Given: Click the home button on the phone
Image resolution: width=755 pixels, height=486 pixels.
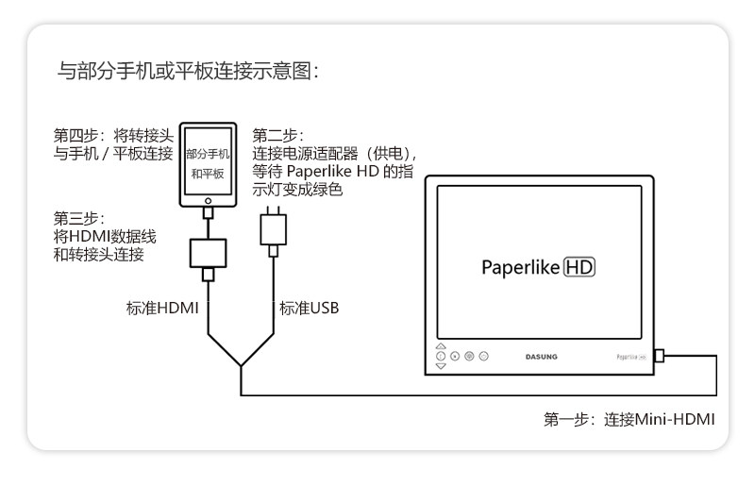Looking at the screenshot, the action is (206, 199).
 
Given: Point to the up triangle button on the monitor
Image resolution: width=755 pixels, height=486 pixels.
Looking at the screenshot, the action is (441, 346).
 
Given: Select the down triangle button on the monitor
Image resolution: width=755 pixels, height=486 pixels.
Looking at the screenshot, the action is (441, 366).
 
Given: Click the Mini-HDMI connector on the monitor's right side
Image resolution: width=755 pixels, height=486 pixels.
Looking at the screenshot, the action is (659, 357).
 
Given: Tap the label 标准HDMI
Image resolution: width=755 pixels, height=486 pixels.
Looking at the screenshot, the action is (161, 308).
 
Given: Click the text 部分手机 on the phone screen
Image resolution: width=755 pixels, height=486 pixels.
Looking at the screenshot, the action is (208, 152).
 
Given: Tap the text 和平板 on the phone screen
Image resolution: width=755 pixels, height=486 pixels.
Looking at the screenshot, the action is (208, 175).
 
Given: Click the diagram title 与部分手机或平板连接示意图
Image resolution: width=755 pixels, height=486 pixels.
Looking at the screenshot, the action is (189, 72).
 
